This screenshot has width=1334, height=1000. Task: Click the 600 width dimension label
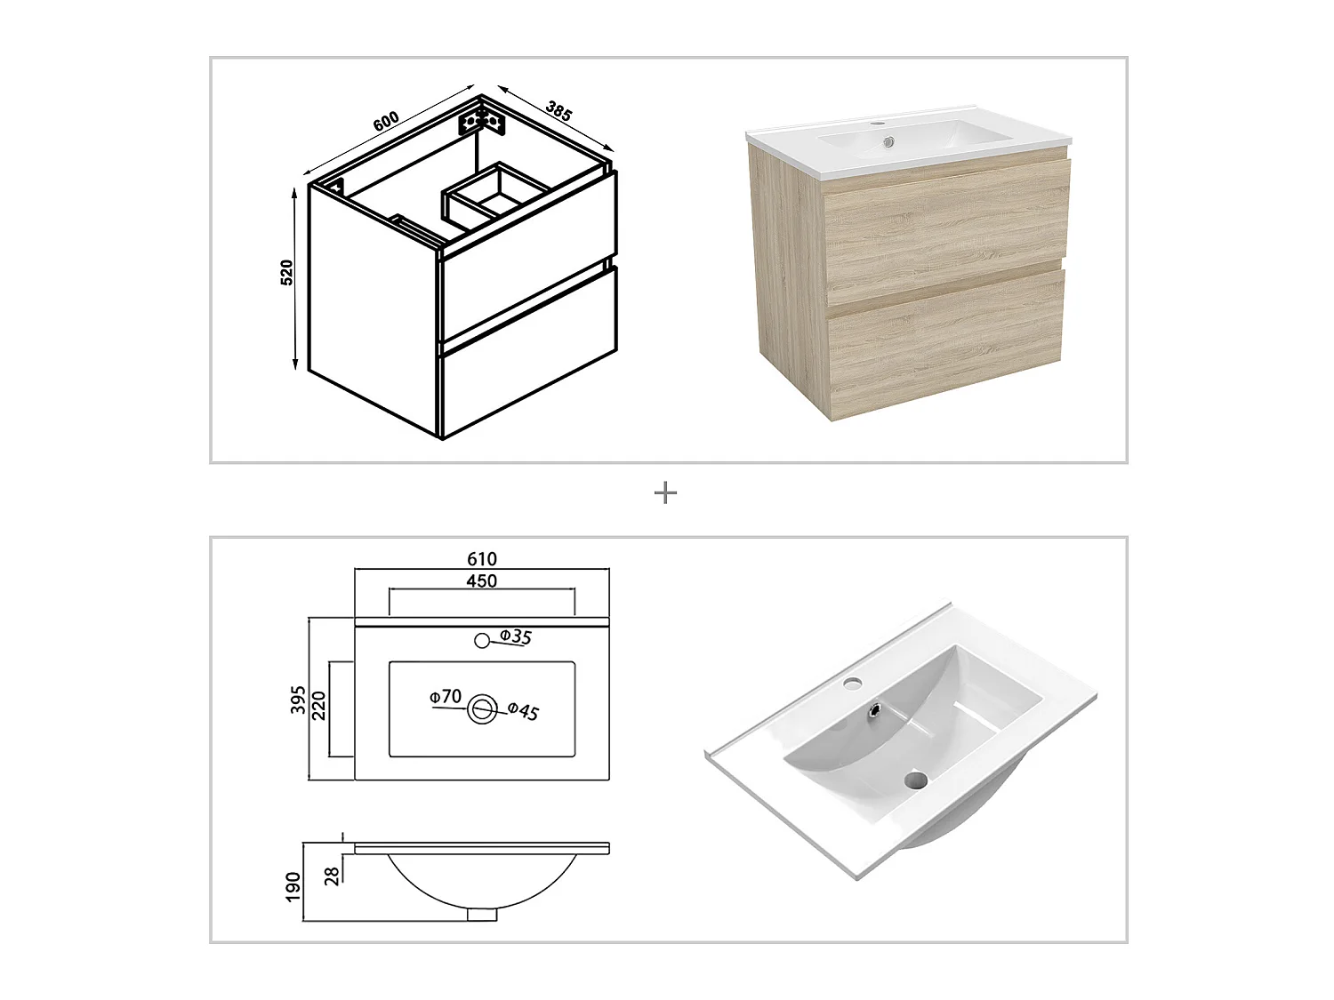tap(386, 121)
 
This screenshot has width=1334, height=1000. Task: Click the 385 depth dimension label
tap(559, 110)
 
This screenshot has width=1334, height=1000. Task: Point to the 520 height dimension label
tap(286, 273)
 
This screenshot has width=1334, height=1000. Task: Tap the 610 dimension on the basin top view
tap(482, 558)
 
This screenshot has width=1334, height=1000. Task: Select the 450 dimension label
tap(481, 581)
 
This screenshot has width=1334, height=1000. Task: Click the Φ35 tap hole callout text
tap(515, 637)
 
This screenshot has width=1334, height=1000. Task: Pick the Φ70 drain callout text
tap(446, 696)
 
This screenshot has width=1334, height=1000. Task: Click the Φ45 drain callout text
tap(523, 711)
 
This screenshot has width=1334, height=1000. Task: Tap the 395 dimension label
tap(297, 700)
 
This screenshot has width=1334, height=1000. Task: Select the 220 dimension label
tap(319, 706)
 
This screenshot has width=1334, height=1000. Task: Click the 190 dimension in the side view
tap(293, 886)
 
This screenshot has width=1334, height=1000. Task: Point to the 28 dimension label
tap(332, 876)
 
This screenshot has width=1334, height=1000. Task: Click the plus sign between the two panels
tap(665, 493)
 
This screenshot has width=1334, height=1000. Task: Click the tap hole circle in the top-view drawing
tap(482, 640)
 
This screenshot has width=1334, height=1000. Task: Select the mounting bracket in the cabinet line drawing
tap(481, 124)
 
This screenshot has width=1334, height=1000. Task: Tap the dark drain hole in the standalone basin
tap(914, 780)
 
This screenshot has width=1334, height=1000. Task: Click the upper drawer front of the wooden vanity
tap(946, 234)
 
